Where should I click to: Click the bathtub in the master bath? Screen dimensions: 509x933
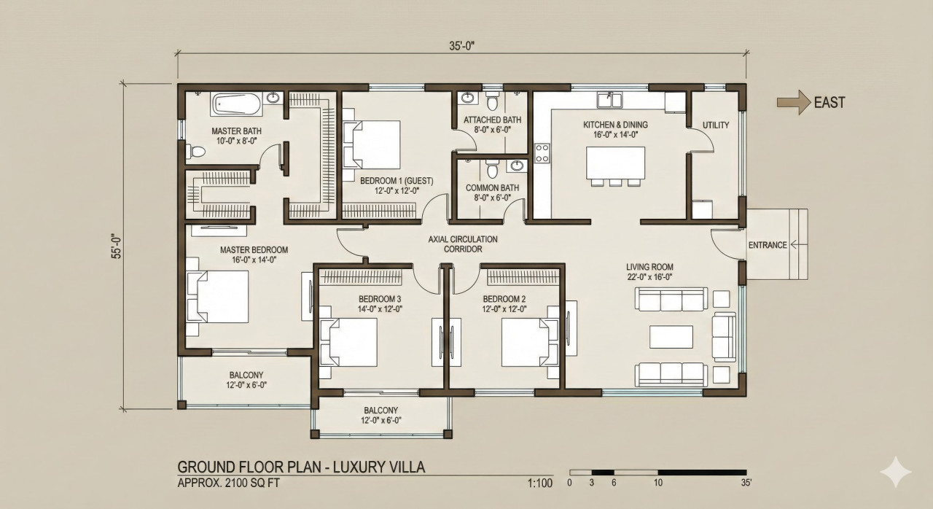(236, 105)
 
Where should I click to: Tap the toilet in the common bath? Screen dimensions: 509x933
(493, 169)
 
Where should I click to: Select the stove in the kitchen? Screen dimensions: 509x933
(542, 153)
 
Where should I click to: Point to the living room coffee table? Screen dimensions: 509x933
(671, 337)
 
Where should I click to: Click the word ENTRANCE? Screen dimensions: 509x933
(768, 245)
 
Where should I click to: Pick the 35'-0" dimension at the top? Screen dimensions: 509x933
(462, 46)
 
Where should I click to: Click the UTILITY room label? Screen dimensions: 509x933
(715, 125)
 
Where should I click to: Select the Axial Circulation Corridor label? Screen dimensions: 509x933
(462, 244)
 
